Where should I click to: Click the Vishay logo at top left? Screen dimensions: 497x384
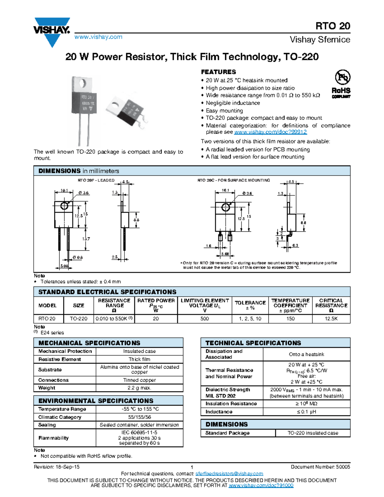point(52,31)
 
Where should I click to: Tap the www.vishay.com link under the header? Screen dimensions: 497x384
point(98,37)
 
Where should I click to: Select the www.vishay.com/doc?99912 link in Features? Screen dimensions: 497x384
point(270,132)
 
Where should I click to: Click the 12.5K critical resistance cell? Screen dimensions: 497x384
point(331,319)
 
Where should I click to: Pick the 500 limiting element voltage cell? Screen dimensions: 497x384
point(204,319)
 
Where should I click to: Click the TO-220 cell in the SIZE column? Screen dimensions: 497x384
point(78,319)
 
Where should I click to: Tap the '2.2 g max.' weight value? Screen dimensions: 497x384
point(139,388)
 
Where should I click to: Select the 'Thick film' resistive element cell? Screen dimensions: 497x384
point(139,359)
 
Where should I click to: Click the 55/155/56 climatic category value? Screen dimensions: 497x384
point(139,417)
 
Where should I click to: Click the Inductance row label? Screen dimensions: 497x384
point(219,412)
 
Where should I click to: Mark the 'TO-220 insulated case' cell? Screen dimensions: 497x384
point(313,433)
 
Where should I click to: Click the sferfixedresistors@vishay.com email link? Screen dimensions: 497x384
point(229,474)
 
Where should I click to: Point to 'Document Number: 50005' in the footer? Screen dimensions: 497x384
point(320,467)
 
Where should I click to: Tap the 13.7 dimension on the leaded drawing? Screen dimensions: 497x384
point(86,239)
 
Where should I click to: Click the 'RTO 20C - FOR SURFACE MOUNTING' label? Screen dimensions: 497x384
point(234,180)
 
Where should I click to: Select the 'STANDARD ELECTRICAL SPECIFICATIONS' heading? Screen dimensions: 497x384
point(107,292)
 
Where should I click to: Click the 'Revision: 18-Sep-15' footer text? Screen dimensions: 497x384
point(57,467)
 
